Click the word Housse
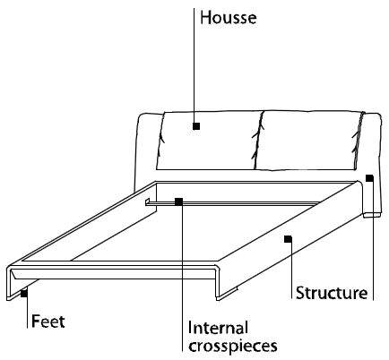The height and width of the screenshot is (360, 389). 229,18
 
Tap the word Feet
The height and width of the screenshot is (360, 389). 48,321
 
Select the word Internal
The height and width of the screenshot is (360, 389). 218,328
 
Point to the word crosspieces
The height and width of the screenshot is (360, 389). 233,347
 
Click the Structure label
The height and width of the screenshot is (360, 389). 332,293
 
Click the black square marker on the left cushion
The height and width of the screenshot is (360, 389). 196,126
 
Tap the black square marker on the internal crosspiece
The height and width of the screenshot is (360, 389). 178,201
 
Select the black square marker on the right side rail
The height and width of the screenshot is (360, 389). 288,239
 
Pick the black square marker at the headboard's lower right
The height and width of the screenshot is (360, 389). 369,178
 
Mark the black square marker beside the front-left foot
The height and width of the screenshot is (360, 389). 24,294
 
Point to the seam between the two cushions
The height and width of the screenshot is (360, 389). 258,141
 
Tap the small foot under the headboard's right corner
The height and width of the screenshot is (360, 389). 372,215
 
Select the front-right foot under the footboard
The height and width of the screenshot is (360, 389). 227,294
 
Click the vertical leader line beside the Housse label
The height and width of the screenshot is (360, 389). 194,65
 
